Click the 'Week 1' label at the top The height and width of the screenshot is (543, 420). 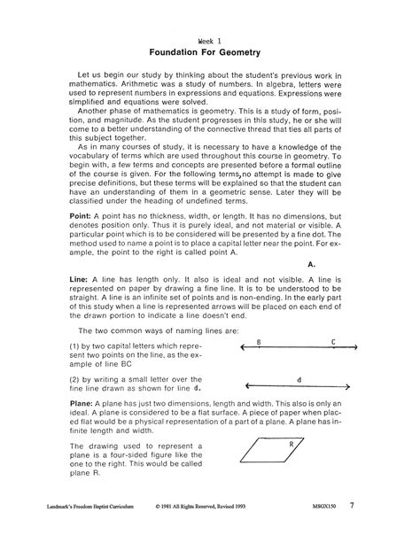(x=209, y=41)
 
